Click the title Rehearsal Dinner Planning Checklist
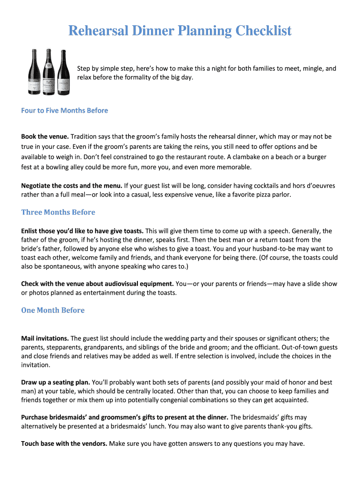pos(180,31)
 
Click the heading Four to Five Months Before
pos(65,110)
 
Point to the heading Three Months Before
pos(58,212)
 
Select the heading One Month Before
pos(53,310)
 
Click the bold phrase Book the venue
pos(45,137)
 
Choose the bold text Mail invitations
pos(45,338)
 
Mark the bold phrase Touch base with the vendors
pos(64,443)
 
